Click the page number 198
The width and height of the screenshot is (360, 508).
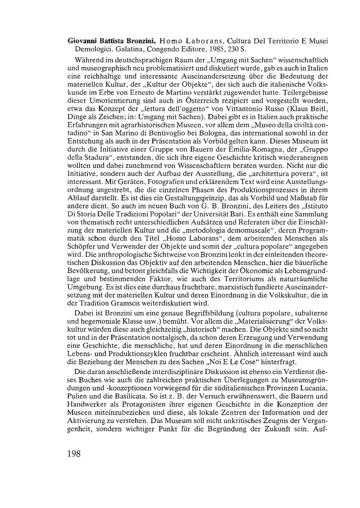pos(74,453)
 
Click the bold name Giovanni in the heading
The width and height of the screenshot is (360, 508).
pos(80,41)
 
